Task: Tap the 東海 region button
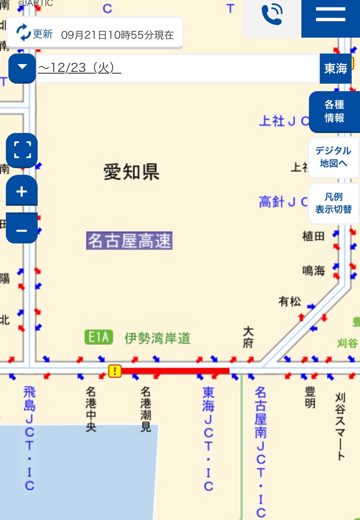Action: point(335,68)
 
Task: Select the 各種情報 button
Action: point(334,111)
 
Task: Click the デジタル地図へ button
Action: point(333,157)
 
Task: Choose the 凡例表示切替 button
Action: point(333,203)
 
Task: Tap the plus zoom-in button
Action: point(22,191)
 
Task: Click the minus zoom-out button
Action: point(22,230)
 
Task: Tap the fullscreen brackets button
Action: point(22,150)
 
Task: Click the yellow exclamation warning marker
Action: point(115,371)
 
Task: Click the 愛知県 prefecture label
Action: point(131,172)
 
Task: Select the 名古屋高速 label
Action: point(129,241)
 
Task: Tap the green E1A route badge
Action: point(99,337)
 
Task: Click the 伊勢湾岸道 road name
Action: point(157,338)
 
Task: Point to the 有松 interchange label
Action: point(290,301)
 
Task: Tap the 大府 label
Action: point(248,337)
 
